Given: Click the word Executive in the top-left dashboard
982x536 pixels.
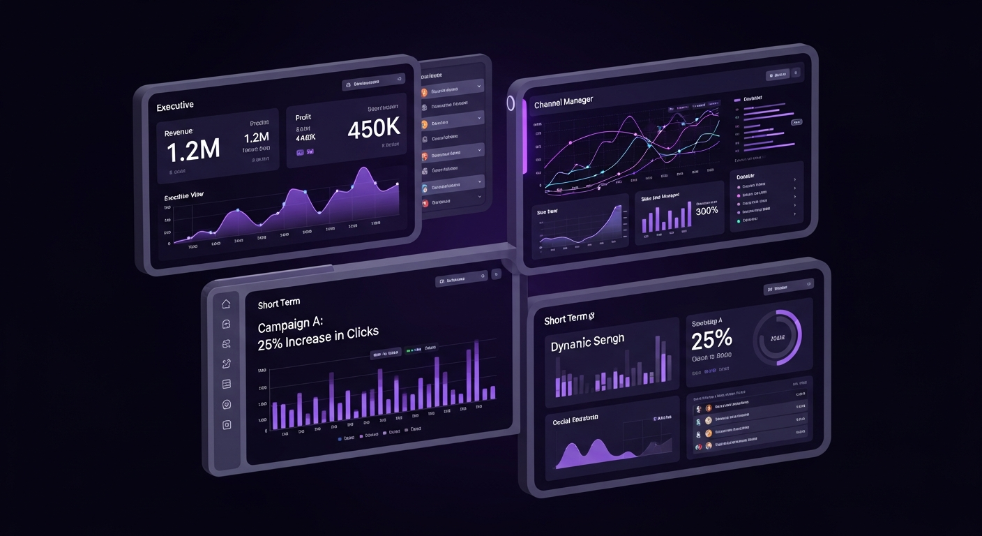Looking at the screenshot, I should [x=175, y=106].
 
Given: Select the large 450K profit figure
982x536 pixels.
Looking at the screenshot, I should [x=373, y=128].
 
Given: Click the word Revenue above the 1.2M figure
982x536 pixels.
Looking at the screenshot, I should [x=179, y=132].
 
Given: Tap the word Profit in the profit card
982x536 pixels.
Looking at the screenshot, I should [x=303, y=118].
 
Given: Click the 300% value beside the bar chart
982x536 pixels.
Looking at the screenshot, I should [x=707, y=211].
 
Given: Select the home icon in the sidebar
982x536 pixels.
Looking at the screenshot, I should [x=226, y=304].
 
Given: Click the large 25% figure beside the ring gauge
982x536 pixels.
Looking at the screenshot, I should [x=711, y=340].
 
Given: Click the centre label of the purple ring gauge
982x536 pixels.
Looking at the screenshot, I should [x=777, y=338].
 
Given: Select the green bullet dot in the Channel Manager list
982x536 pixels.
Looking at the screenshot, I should [x=738, y=220].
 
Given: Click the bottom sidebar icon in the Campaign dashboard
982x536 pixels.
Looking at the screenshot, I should [x=226, y=424].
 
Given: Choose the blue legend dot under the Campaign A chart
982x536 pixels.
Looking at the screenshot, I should [x=340, y=439].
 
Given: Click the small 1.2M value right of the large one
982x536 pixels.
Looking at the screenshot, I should [x=257, y=137].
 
